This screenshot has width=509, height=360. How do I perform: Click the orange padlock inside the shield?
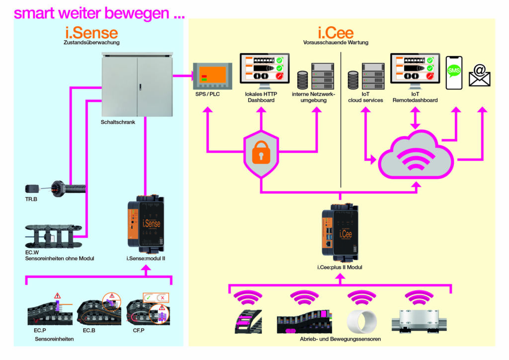pyautogui.click(x=260, y=154)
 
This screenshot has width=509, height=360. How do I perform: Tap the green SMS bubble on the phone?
pyautogui.click(x=454, y=71)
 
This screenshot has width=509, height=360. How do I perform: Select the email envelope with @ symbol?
pyautogui.click(x=479, y=76)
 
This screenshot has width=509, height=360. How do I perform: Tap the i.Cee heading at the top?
pyautogui.click(x=336, y=33)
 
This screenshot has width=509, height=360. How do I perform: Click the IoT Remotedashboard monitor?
pyautogui.click(x=411, y=70)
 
